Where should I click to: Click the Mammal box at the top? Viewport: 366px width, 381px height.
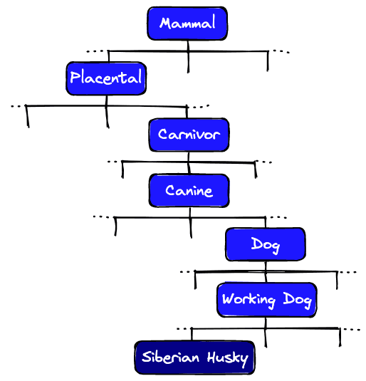click(187, 24)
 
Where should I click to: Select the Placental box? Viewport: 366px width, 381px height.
click(106, 78)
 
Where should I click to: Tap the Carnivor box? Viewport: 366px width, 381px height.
click(189, 135)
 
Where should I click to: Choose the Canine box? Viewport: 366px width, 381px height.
click(189, 190)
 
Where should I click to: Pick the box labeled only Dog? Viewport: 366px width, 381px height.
click(265, 245)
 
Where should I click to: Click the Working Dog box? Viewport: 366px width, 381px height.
click(266, 299)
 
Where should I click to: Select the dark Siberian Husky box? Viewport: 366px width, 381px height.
click(194, 357)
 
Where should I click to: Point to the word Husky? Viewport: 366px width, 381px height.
click(228, 357)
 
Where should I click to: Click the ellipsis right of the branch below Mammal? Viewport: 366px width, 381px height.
click(281, 51)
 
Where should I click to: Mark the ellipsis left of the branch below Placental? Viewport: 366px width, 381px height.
click(18, 106)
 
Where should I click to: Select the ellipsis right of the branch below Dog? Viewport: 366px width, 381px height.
click(347, 272)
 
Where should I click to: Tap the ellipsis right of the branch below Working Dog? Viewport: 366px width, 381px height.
click(351, 329)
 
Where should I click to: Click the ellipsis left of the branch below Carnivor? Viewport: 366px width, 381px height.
click(113, 162)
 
